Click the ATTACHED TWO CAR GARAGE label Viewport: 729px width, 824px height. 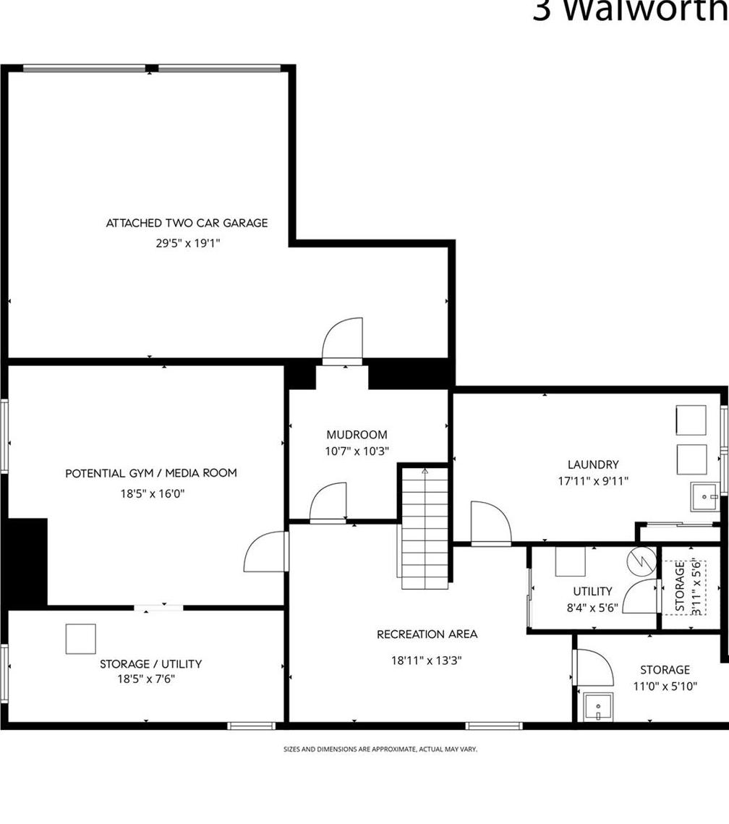187,223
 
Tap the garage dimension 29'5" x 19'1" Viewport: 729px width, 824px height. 187,244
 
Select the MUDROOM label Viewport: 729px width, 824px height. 357,435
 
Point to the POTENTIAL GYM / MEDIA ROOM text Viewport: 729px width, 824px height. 151,473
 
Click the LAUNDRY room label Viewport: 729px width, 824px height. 593,464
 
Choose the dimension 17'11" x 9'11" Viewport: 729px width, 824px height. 593,481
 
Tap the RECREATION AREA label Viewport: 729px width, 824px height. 427,634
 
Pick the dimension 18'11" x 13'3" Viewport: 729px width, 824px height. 427,660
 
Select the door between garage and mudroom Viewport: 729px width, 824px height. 342,341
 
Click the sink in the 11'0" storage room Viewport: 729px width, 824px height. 597,707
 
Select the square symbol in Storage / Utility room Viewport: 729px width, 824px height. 80,639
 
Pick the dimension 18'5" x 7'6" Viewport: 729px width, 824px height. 147,679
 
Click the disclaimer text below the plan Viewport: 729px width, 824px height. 380,749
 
